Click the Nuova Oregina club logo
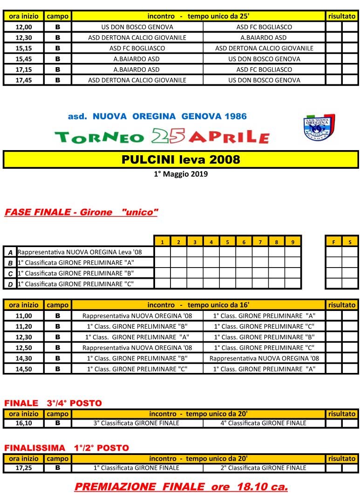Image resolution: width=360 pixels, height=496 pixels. click(x=319, y=127)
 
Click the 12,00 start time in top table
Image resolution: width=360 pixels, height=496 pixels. click(x=24, y=27)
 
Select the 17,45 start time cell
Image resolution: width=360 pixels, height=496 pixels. click(x=24, y=80)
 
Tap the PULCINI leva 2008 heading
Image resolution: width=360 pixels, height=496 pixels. click(x=181, y=160)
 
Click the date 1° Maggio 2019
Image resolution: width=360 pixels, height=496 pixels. click(x=181, y=174)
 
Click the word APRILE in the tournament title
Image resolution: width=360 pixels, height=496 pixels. click(x=229, y=137)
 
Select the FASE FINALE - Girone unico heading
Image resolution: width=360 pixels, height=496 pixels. click(x=81, y=213)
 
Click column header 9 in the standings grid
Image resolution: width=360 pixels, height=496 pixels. click(x=292, y=242)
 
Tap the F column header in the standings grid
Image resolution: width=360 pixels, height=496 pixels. click(x=333, y=242)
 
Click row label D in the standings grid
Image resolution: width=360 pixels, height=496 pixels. click(x=10, y=284)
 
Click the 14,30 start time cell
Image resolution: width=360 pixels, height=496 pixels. click(x=24, y=358)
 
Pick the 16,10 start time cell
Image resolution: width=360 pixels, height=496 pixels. click(x=24, y=423)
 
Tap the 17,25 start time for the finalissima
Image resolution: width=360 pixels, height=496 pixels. click(x=24, y=468)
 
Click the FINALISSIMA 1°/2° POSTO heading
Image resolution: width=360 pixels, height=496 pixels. click(x=66, y=448)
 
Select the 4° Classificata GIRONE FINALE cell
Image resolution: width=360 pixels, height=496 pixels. click(x=263, y=423)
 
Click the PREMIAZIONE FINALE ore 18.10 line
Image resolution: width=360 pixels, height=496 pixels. click(x=181, y=487)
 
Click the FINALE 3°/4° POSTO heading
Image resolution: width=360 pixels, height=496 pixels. click(x=53, y=403)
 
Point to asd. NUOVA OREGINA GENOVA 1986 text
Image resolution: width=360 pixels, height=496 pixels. click(x=157, y=117)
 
